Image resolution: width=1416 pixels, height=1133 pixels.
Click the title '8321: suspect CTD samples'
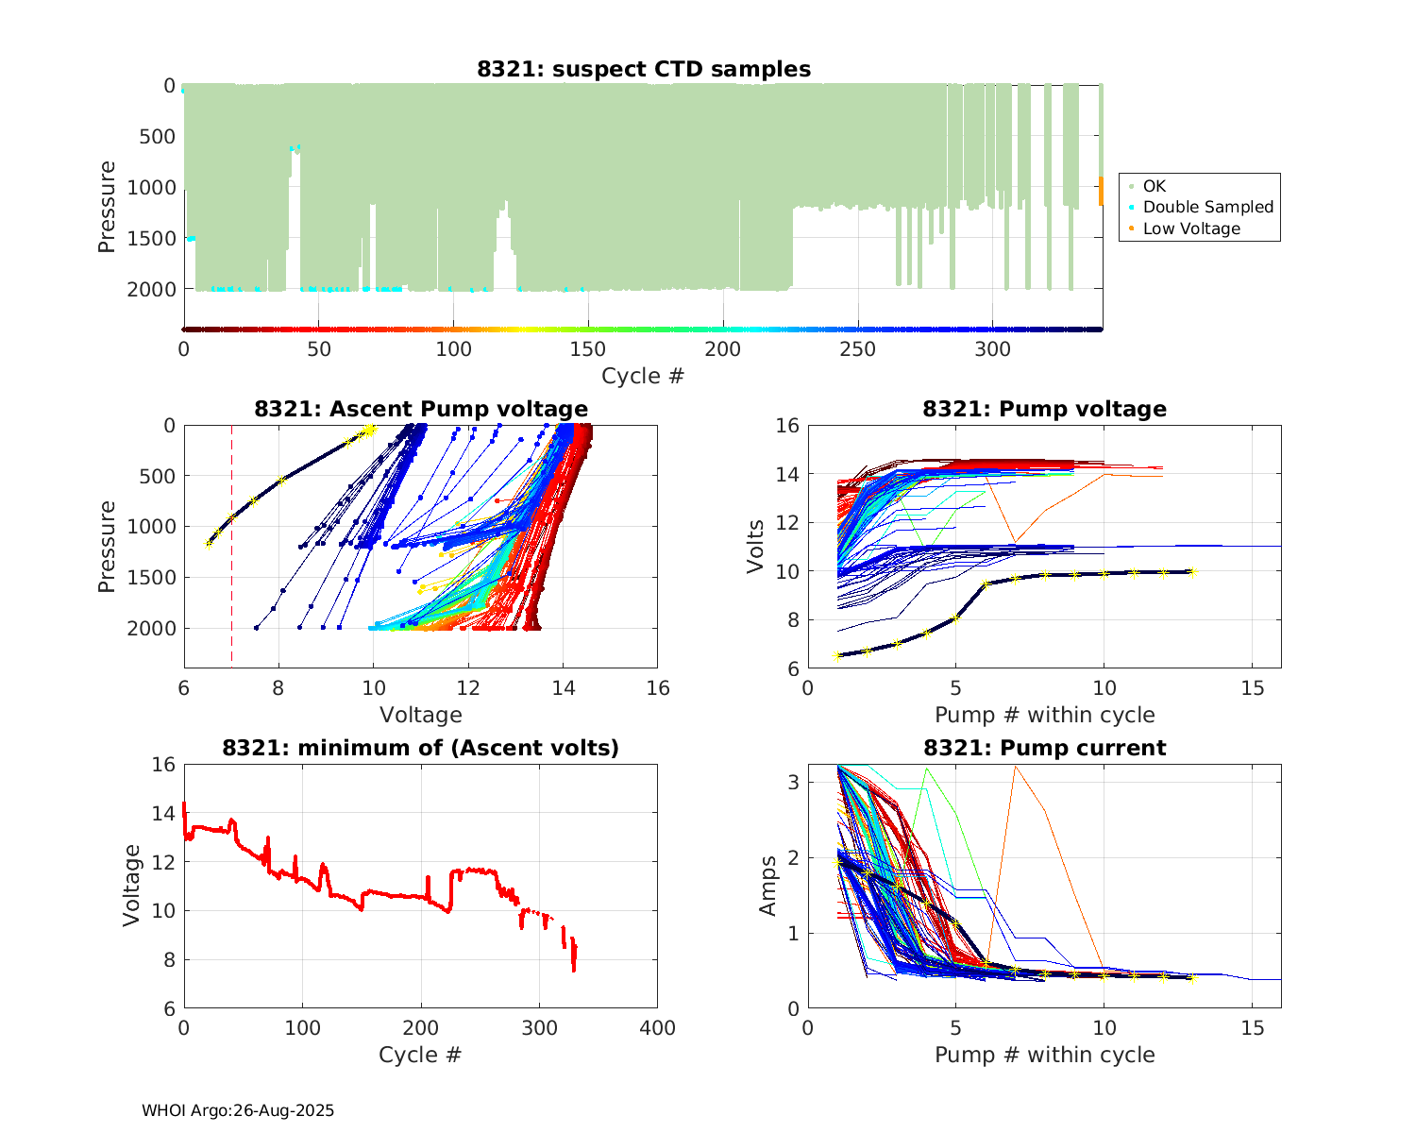click(x=643, y=69)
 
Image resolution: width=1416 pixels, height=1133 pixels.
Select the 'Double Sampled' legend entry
click(x=1207, y=207)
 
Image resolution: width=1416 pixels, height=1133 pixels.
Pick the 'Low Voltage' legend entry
click(x=1191, y=228)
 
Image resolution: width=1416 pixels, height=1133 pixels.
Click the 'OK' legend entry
click(x=1154, y=186)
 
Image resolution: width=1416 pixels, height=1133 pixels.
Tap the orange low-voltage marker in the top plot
click(x=1101, y=191)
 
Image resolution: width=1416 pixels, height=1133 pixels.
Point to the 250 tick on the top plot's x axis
click(x=858, y=349)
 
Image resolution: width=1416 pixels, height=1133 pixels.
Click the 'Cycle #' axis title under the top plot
click(x=643, y=376)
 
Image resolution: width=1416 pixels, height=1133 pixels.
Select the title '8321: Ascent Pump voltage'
click(x=421, y=409)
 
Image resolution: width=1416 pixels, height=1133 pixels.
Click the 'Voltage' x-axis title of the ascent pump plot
click(x=421, y=715)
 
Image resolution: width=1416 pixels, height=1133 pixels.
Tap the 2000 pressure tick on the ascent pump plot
click(x=157, y=628)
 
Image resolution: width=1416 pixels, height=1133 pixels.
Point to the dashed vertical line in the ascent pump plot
click(x=231, y=585)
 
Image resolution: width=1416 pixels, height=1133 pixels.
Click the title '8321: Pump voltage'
click(x=1044, y=409)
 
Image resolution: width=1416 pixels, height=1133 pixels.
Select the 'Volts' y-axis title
click(x=755, y=547)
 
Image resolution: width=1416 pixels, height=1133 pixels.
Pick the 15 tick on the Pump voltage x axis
click(x=1252, y=688)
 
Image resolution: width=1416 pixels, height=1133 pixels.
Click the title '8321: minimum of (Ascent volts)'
click(x=421, y=748)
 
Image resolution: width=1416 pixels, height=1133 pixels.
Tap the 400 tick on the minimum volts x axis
click(x=657, y=1028)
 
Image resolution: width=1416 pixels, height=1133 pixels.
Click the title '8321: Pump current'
click(x=1044, y=748)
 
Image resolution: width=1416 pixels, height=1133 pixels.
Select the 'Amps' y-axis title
click(x=768, y=886)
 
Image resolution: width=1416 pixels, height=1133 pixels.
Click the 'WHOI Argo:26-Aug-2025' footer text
click(x=238, y=1110)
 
